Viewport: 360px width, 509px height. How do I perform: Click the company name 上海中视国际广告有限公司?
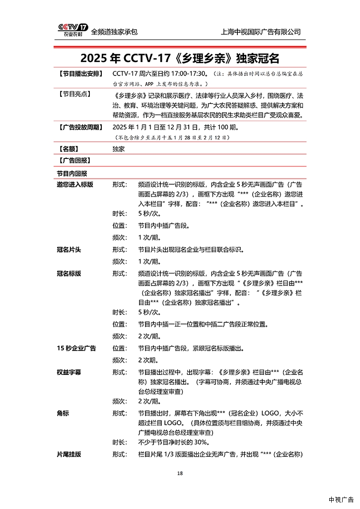click(261, 32)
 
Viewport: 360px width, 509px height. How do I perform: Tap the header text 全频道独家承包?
click(114, 32)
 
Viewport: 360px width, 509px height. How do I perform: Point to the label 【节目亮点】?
click(72, 93)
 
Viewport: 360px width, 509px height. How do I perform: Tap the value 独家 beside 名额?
click(119, 148)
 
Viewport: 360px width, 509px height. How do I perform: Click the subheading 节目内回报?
click(72, 173)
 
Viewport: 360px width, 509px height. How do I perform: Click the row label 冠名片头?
click(69, 249)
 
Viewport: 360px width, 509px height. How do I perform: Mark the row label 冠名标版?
click(69, 273)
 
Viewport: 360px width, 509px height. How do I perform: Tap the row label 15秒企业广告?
click(76, 348)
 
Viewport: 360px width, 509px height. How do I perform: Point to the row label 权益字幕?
click(69, 372)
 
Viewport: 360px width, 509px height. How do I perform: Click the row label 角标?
click(63, 413)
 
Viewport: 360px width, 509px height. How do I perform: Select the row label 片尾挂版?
click(69, 454)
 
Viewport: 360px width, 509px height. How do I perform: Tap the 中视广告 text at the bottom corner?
click(341, 500)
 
